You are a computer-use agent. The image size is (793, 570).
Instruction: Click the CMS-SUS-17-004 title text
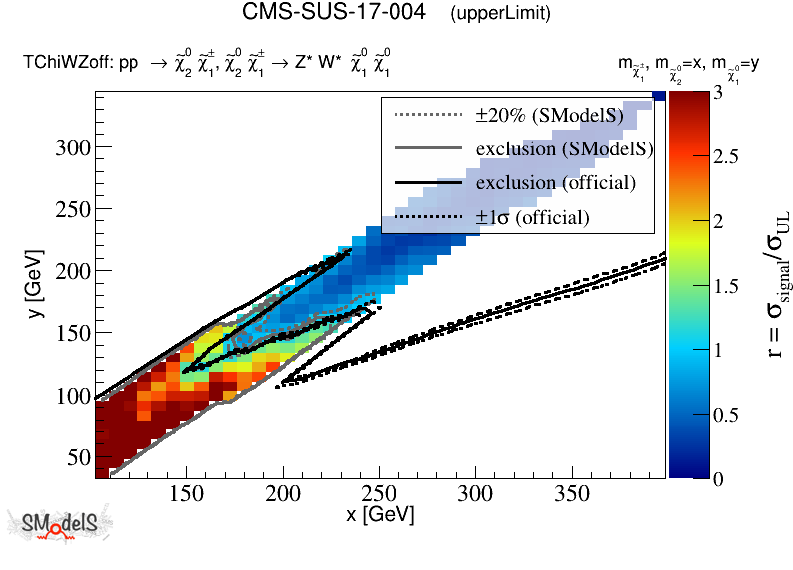pos(335,13)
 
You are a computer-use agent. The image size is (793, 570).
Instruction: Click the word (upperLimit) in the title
pos(500,14)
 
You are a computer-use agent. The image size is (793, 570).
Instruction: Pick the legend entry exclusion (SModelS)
pos(565,149)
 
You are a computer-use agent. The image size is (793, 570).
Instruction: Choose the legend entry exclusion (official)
pos(556,183)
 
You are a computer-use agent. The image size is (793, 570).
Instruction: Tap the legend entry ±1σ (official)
pos(533,217)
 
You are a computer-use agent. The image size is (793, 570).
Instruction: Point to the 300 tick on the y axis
pos(75,147)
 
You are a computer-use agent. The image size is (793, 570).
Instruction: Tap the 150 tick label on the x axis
pos(186,494)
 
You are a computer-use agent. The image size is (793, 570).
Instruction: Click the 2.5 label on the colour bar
pos(711,156)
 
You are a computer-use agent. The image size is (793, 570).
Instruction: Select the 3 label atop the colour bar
pos(703,93)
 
